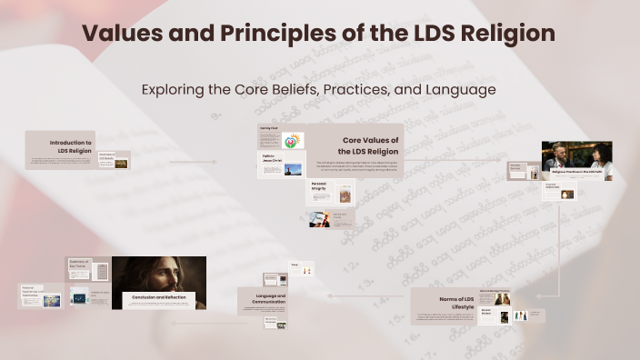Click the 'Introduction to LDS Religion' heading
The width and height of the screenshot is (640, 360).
(x=70, y=147)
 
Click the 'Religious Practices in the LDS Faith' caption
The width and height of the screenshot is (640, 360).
(x=577, y=171)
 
